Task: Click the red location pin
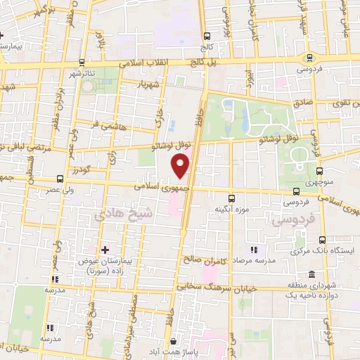click(181, 167)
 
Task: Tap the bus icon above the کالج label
click(205, 37)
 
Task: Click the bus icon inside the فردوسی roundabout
click(309, 58)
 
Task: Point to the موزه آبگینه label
click(233, 209)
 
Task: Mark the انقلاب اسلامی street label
click(139, 63)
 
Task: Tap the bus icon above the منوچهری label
click(321, 170)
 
